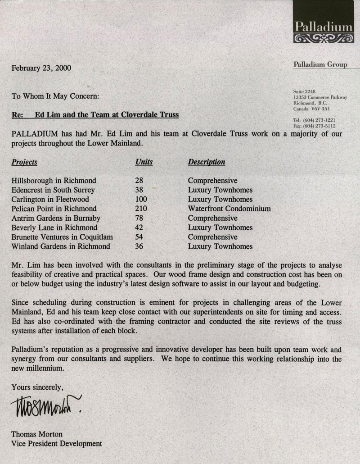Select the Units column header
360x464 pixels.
[144, 162]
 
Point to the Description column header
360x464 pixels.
[207, 162]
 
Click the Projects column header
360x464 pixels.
[25, 162]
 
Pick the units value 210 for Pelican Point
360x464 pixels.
[141, 209]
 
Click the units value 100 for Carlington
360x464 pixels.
[141, 199]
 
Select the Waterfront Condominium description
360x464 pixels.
[229, 209]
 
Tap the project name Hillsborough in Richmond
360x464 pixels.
[54, 180]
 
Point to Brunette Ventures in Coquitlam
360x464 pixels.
[62, 237]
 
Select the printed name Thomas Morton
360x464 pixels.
[37, 434]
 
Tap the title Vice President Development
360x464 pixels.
[57, 444]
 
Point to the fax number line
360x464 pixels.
[314, 127]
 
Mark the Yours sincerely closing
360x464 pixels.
[38, 387]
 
